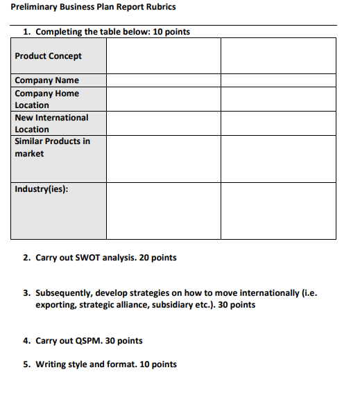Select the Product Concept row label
[x=48, y=56]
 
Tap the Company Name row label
[x=46, y=80]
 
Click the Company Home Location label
[x=46, y=99]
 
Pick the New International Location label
[x=51, y=123]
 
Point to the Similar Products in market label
[x=52, y=147]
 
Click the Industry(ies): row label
[x=41, y=188]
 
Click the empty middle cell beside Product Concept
[x=164, y=56]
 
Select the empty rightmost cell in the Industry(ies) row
[x=278, y=211]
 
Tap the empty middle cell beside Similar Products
[x=164, y=159]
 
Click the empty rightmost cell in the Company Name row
[x=278, y=80]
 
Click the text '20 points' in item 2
[x=158, y=258]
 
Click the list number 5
[x=26, y=364]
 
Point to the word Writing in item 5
[x=50, y=364]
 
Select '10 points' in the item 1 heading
[x=170, y=32]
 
